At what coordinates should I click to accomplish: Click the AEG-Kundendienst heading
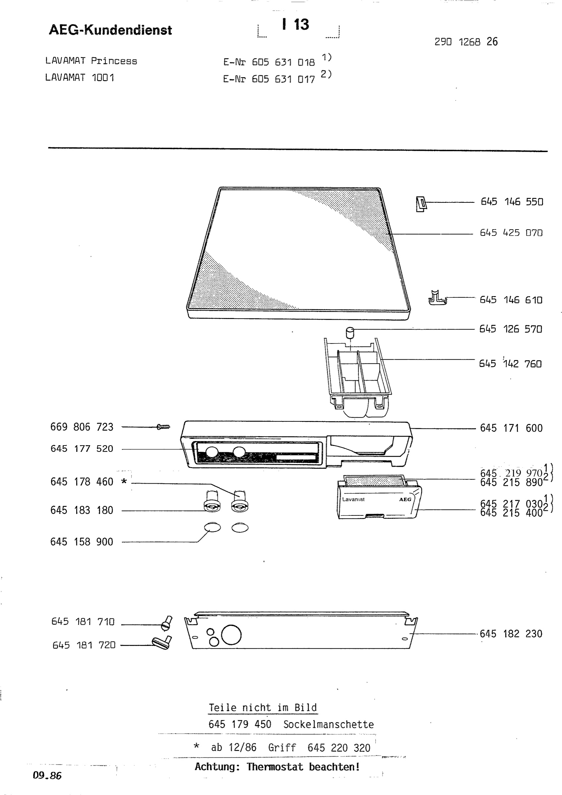(x=110, y=30)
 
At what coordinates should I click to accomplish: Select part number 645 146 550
(x=512, y=201)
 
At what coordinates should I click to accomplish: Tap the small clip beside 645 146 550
(x=421, y=204)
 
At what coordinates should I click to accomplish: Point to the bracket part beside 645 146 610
(x=438, y=298)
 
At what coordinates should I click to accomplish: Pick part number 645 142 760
(x=510, y=364)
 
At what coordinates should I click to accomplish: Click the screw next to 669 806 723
(x=163, y=427)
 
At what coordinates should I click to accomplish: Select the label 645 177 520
(x=82, y=449)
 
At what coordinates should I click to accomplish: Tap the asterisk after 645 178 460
(x=124, y=481)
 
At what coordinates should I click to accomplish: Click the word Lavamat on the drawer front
(x=353, y=499)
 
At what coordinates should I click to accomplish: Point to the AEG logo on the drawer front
(x=405, y=499)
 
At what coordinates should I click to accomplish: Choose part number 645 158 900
(x=82, y=542)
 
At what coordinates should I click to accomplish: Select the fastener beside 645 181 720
(x=162, y=643)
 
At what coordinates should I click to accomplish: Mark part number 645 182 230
(x=511, y=634)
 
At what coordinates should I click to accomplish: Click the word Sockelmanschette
(x=329, y=724)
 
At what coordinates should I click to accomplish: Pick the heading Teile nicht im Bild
(x=263, y=708)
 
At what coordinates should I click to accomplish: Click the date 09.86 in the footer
(x=47, y=775)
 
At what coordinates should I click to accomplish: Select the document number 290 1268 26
(x=466, y=42)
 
